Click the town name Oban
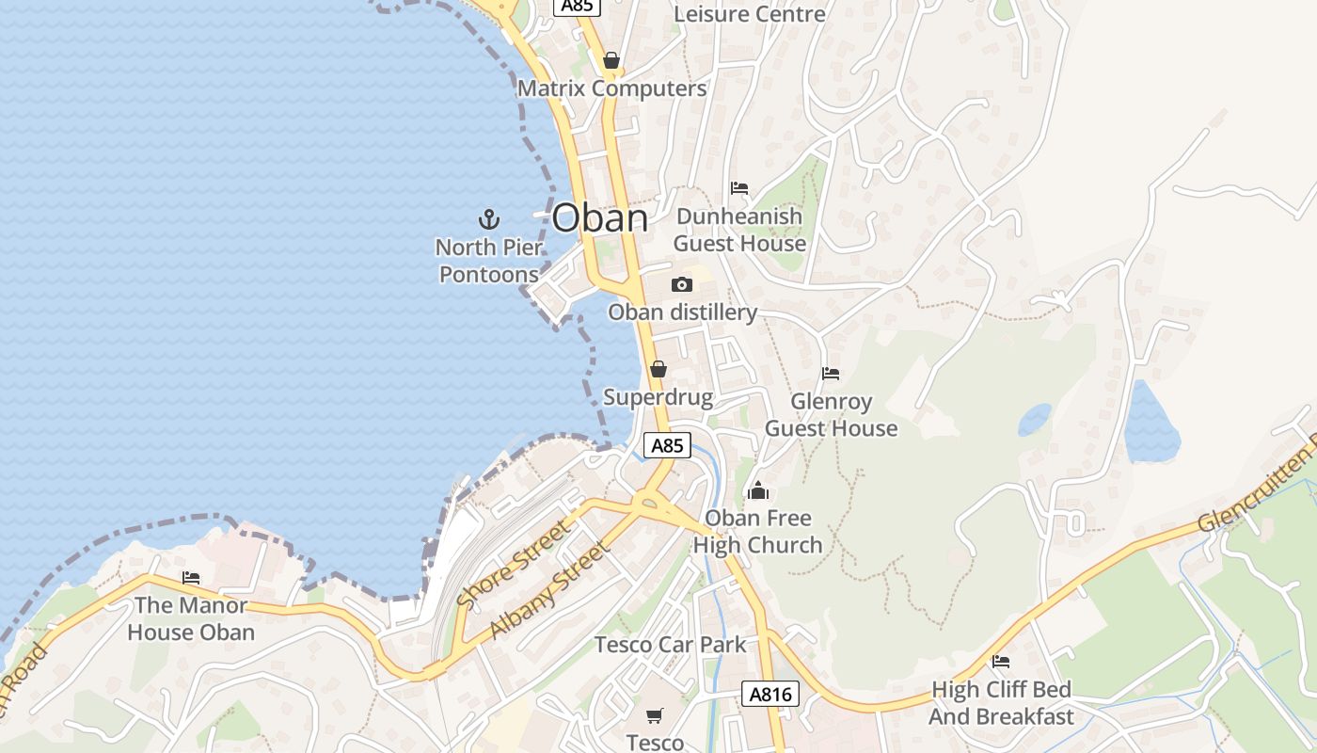coord(599,218)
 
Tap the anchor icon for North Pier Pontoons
coord(489,220)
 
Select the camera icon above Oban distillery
coord(682,284)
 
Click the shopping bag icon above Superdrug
coord(658,369)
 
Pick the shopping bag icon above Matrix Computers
coord(611,61)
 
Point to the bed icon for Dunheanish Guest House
coord(739,188)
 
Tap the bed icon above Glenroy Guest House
coord(831,374)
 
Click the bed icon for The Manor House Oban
coord(191,577)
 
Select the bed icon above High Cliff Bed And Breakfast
coord(1001,662)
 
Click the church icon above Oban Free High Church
coord(758,490)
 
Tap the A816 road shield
coord(770,695)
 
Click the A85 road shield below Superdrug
coord(667,445)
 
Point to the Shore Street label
coord(513,564)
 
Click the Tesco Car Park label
coord(670,645)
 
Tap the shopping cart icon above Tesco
coord(655,715)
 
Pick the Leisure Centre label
coord(750,14)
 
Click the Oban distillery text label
coord(682,312)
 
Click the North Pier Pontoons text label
coord(489,261)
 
